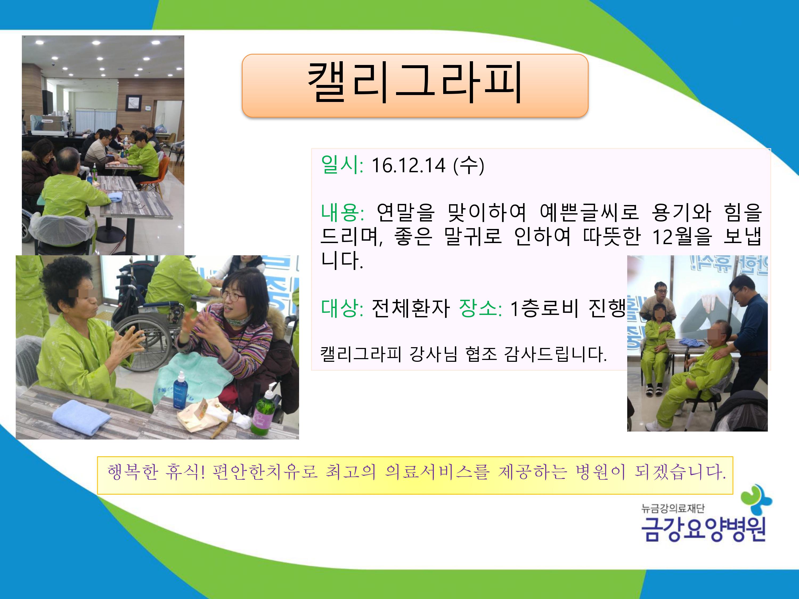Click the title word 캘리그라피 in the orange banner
(415, 83)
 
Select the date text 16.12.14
(408, 166)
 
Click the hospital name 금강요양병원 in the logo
(703, 529)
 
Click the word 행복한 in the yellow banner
(133, 471)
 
